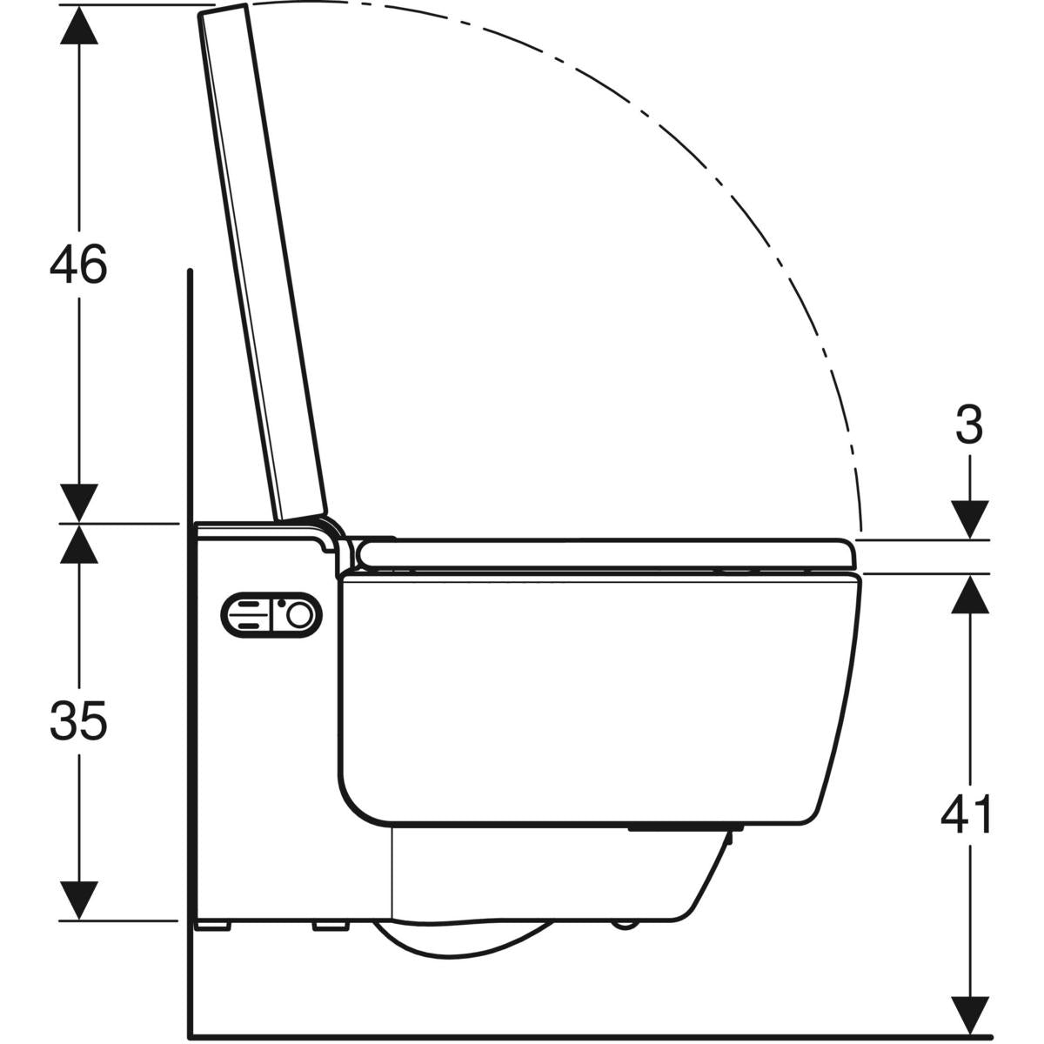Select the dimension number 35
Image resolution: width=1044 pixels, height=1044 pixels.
(78, 721)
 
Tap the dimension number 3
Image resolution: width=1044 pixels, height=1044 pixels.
(968, 425)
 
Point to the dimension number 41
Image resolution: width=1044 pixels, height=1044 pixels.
(968, 815)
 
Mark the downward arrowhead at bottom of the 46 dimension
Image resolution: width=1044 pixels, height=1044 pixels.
(79, 503)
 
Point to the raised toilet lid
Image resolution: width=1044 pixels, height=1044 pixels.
(261, 261)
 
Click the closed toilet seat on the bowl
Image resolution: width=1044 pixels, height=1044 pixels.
(609, 553)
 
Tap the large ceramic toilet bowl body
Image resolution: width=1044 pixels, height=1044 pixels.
(592, 696)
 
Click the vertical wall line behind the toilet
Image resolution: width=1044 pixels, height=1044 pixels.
(189, 696)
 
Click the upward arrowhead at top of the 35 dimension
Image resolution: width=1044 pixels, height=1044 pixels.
(79, 543)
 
